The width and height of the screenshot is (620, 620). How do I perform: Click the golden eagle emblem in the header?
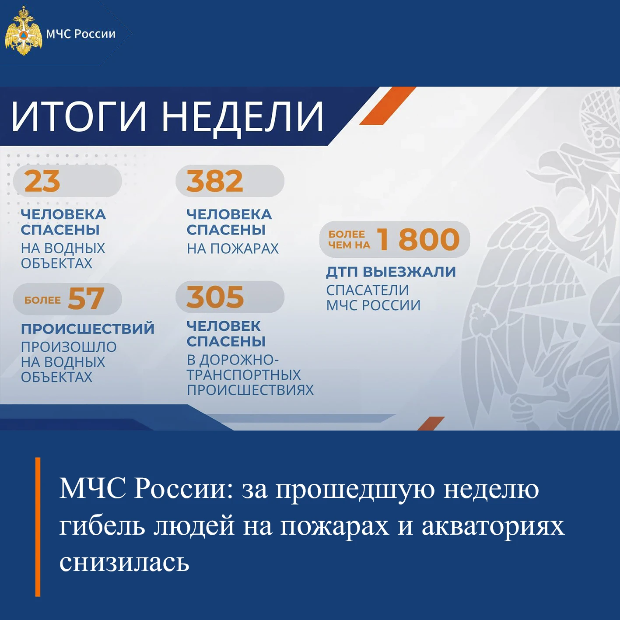click(x=24, y=32)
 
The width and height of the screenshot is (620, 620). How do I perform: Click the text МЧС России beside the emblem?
click(x=81, y=34)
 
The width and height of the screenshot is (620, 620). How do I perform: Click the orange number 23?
click(x=42, y=181)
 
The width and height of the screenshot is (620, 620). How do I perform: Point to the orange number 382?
click(x=214, y=181)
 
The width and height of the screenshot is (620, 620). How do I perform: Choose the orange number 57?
click(x=86, y=298)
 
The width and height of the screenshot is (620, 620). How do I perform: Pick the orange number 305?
click(x=215, y=297)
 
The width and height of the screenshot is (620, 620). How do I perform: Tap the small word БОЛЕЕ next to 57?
click(x=42, y=300)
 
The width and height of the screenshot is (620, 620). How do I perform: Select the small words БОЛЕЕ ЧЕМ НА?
click(x=349, y=240)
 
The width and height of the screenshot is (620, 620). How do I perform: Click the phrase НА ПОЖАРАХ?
click(x=233, y=249)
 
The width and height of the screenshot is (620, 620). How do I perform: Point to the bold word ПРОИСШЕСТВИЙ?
click(x=88, y=329)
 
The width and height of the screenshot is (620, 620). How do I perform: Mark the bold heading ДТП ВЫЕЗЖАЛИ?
click(x=391, y=272)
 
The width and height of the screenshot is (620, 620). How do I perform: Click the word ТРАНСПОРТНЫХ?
click(x=244, y=375)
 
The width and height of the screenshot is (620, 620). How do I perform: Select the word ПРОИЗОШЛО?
click(x=69, y=347)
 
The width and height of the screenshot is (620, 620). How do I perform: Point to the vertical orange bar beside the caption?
click(x=38, y=527)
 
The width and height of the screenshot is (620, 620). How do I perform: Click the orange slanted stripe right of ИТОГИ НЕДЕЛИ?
click(x=388, y=105)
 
